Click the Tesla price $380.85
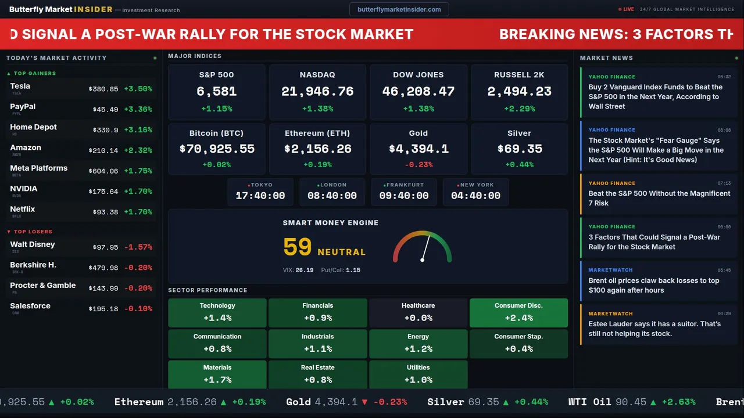pos(103,89)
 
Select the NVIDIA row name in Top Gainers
pos(24,189)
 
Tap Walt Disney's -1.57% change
pos(138,247)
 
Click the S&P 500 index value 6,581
pos(216,91)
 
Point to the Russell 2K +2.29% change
pos(519,109)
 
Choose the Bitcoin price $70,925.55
pos(217,149)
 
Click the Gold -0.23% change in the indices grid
pos(418,165)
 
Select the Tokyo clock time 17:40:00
pos(260,196)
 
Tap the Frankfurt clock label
pos(405,185)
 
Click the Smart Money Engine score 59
pos(298,247)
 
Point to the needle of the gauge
pos(425,248)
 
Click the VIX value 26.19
pos(305,270)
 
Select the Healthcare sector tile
pos(418,312)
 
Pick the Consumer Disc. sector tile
pos(518,312)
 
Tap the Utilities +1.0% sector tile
pos(418,374)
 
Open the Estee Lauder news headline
pos(654,329)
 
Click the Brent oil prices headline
pos(654,285)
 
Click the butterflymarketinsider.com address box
pos(399,9)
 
